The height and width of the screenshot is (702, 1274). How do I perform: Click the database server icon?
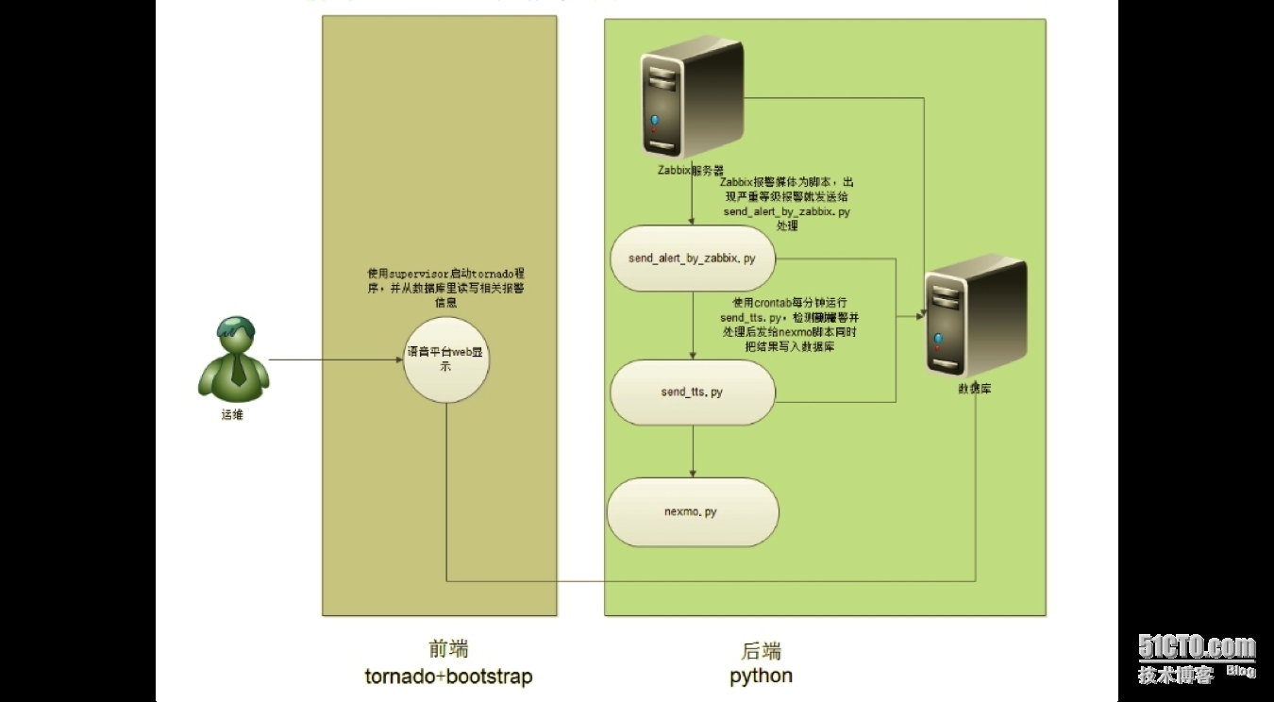click(x=974, y=317)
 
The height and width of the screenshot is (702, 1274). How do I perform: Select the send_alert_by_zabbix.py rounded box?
click(x=693, y=258)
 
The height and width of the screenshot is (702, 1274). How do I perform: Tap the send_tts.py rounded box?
click(x=693, y=392)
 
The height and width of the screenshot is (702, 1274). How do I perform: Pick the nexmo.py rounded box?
click(x=693, y=512)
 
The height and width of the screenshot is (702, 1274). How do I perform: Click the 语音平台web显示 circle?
click(x=446, y=359)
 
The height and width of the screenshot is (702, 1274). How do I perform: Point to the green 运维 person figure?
click(x=232, y=358)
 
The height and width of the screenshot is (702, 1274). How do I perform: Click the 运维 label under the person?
click(x=232, y=414)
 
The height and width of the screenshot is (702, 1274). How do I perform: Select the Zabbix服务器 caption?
click(x=691, y=171)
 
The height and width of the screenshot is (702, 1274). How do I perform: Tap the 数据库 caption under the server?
click(x=974, y=389)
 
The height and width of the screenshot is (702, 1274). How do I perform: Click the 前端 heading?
click(x=448, y=649)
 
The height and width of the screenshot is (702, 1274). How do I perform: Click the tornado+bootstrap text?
click(x=448, y=677)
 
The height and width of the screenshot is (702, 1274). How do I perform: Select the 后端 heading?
click(x=761, y=651)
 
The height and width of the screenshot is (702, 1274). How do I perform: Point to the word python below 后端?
click(x=761, y=676)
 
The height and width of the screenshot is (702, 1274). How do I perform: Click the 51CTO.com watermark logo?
click(x=1197, y=647)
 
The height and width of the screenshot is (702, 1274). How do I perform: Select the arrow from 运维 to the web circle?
click(x=335, y=359)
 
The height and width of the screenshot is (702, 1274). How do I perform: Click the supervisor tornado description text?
click(x=445, y=287)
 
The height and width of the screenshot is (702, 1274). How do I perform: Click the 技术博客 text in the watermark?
click(x=1175, y=675)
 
